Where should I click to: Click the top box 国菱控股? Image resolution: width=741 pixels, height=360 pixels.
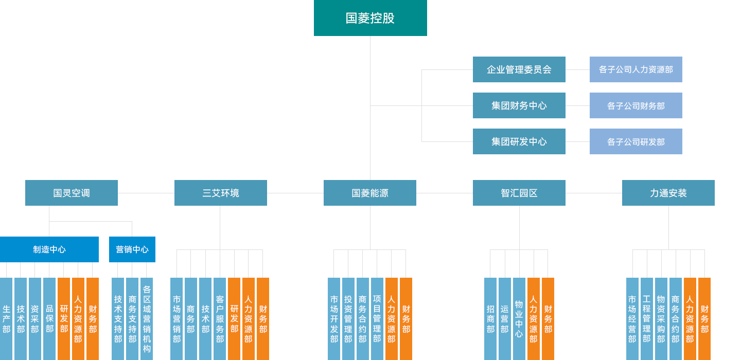point(370,18)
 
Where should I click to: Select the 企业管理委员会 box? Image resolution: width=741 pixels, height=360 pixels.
point(519,69)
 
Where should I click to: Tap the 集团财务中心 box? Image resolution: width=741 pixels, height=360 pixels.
point(519,105)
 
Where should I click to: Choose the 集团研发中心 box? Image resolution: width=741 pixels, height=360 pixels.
point(519,141)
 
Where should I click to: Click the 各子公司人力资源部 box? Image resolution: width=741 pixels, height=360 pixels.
point(636,69)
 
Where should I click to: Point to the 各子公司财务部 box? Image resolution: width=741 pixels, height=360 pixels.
point(636,105)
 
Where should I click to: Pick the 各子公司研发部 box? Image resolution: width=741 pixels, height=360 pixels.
point(636,141)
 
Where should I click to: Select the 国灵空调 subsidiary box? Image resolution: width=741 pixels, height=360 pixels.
point(72,193)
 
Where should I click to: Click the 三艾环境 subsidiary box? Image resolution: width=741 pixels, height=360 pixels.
point(221,193)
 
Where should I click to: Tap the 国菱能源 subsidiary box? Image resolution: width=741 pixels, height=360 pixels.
point(370,193)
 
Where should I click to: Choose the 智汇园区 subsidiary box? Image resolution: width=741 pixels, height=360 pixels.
point(519,193)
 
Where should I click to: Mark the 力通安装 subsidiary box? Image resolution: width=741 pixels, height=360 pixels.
point(668,193)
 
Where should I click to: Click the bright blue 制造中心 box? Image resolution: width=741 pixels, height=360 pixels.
point(49,249)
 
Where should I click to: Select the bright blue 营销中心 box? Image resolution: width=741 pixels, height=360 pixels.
point(132,249)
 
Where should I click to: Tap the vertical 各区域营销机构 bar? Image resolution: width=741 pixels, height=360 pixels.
point(147,319)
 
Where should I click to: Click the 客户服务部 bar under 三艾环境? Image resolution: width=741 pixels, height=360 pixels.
point(220,319)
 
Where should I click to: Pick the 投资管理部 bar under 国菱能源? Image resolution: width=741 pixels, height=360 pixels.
point(348,319)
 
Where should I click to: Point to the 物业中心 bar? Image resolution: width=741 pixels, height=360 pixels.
point(519,319)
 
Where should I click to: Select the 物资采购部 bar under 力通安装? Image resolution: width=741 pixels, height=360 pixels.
point(661,319)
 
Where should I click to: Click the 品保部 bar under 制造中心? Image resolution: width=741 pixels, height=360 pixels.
point(49,319)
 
